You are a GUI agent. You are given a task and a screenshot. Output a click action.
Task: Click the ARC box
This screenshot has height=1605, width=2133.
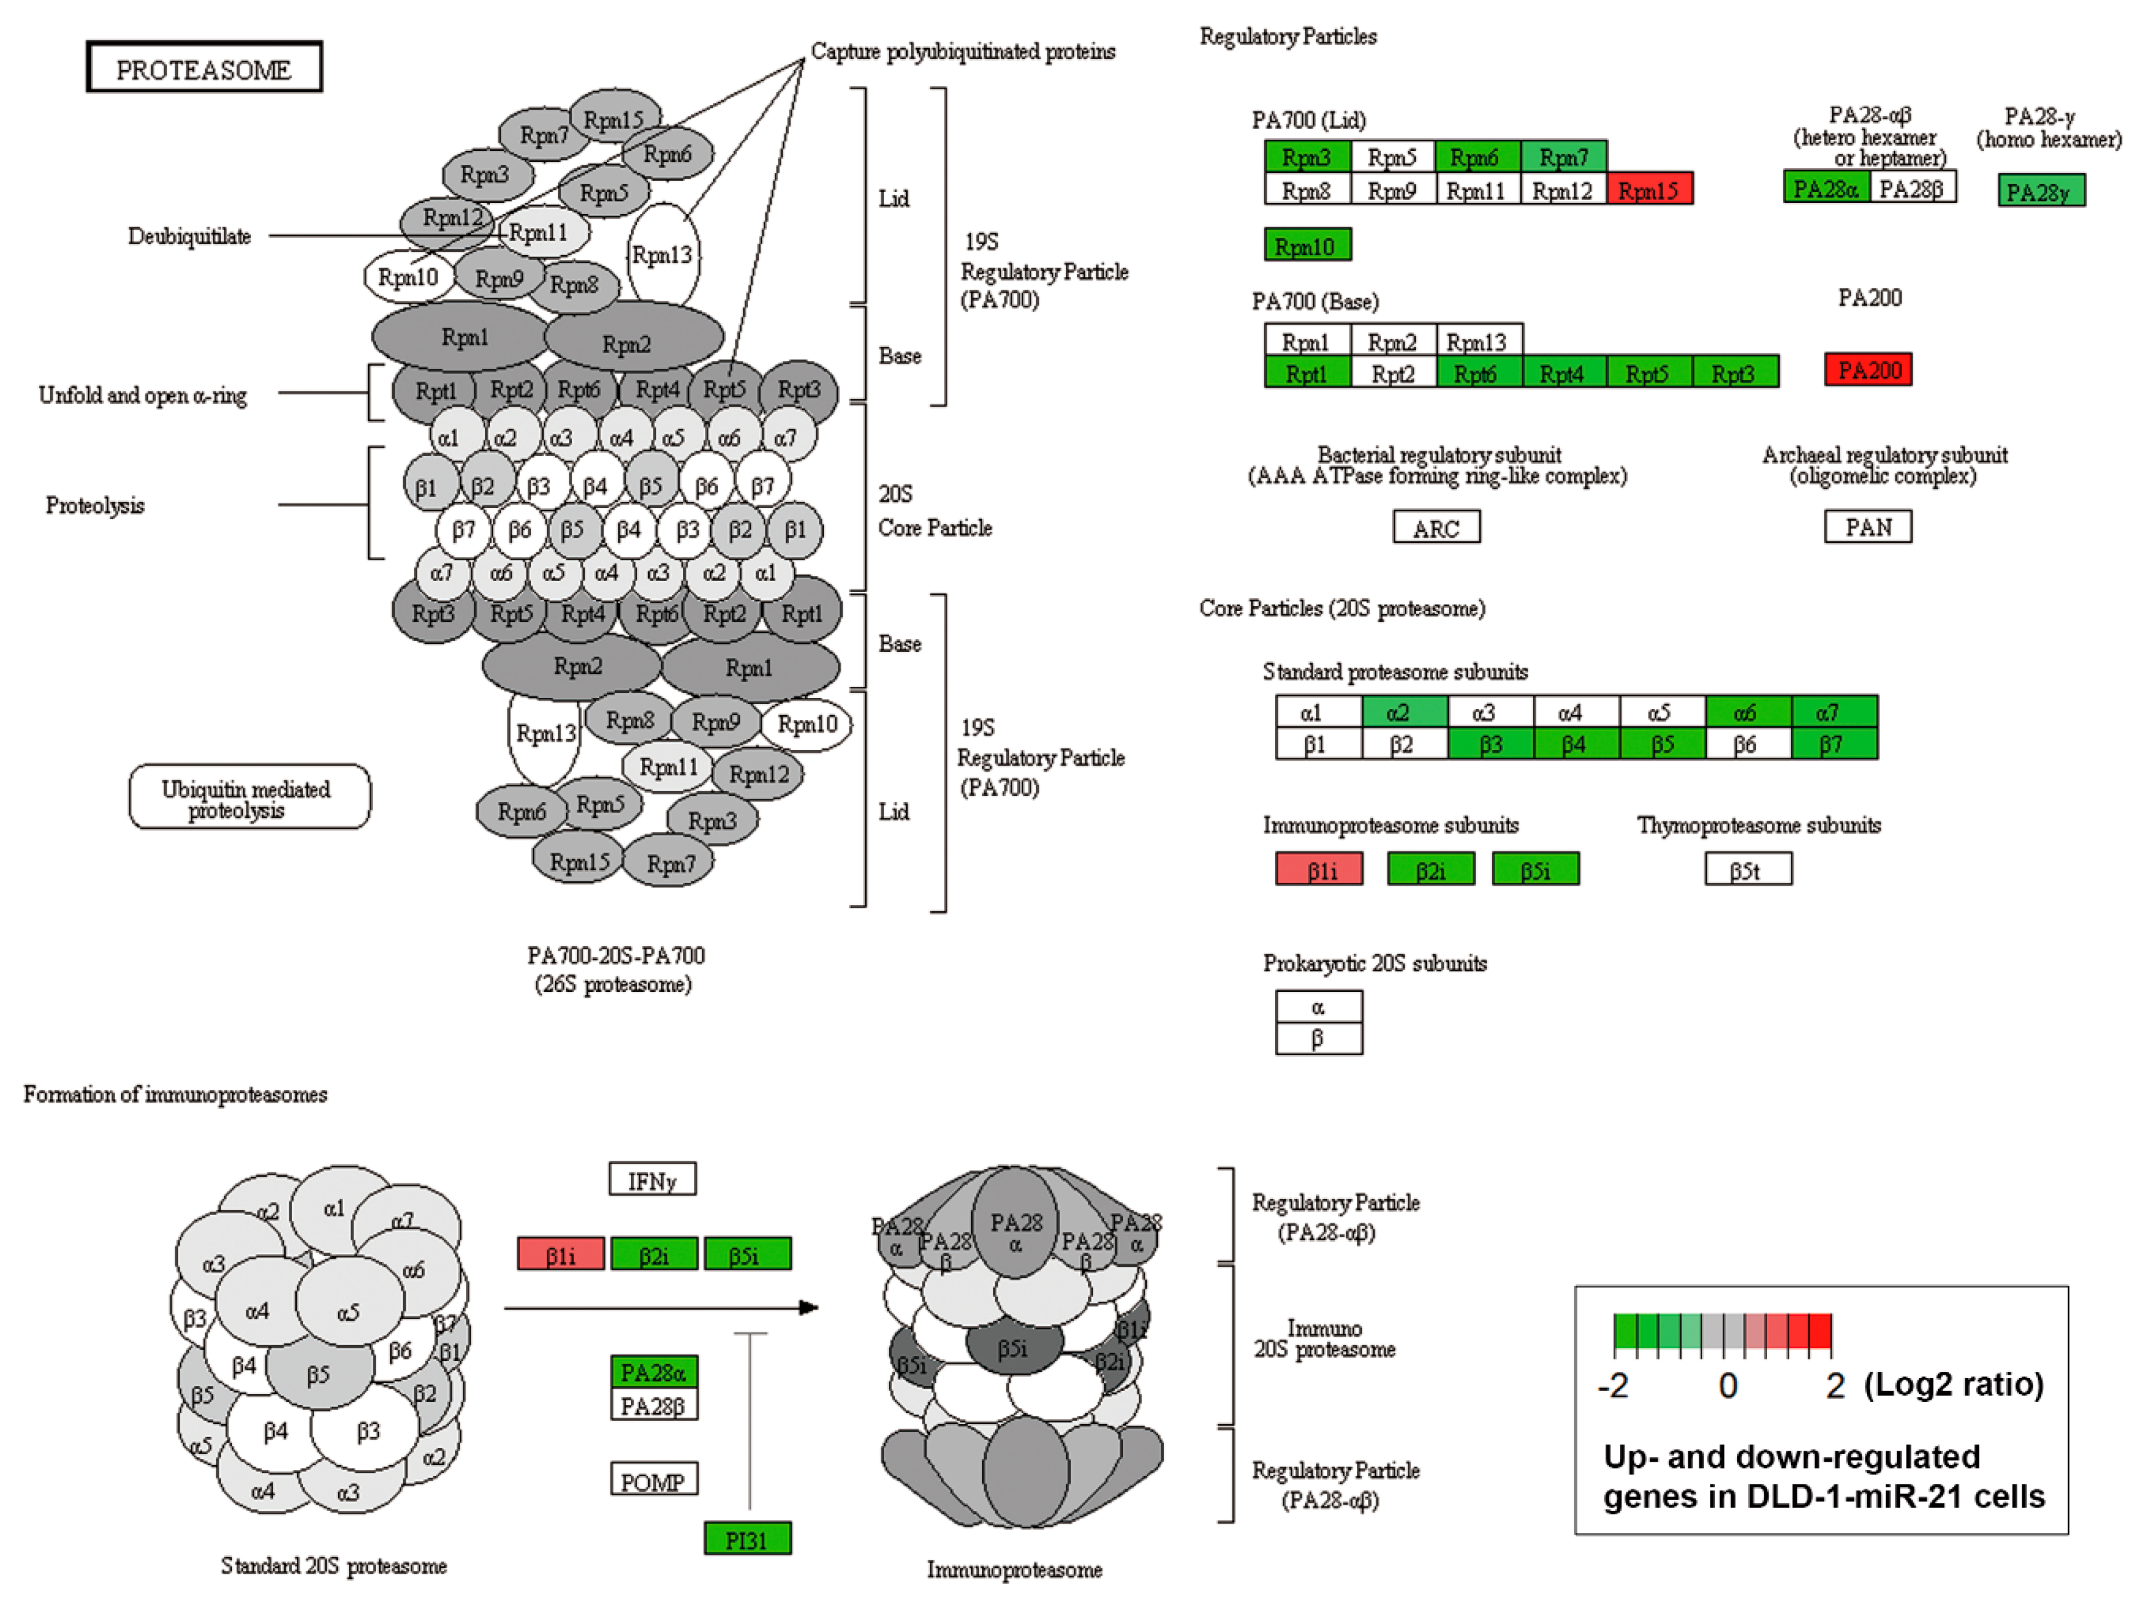1436,528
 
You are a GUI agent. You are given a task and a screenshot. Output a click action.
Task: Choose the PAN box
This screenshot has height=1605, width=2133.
1868,527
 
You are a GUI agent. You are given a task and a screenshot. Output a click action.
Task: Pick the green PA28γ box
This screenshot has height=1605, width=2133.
2040,191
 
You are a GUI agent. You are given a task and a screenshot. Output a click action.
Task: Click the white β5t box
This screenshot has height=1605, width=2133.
1747,870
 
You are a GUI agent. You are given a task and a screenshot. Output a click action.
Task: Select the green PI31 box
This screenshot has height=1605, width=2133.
747,1539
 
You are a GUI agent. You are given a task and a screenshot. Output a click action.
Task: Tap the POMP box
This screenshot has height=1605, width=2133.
654,1480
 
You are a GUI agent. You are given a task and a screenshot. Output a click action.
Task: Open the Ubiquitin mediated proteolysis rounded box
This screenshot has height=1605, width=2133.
249,798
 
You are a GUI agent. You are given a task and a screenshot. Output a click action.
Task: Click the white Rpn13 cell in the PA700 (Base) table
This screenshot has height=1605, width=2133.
1478,340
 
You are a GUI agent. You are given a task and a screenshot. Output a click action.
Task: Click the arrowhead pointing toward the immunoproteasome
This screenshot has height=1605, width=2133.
809,1308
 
